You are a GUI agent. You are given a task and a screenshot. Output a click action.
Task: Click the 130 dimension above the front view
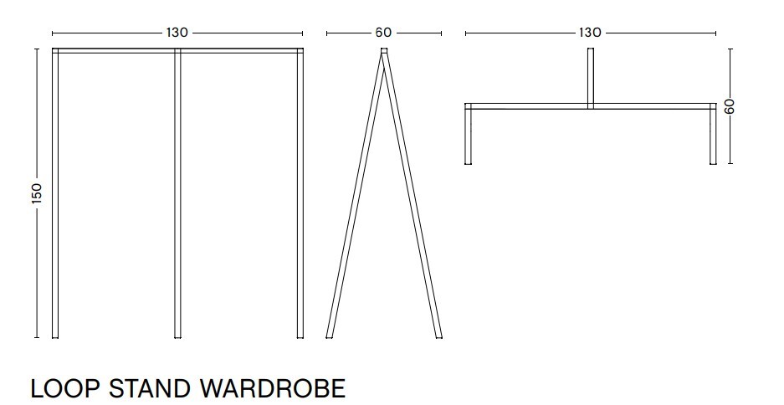click(x=177, y=33)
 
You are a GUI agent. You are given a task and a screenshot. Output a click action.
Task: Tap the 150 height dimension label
click(x=36, y=193)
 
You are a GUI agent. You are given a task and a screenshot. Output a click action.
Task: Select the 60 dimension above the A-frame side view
click(x=383, y=33)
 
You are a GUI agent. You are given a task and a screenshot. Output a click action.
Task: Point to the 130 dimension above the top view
click(x=589, y=33)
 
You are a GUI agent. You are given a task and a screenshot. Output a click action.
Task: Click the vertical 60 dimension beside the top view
click(x=730, y=106)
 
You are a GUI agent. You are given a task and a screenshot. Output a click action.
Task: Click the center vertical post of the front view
click(x=177, y=192)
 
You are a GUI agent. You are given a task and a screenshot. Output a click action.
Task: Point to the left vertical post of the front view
click(x=55, y=192)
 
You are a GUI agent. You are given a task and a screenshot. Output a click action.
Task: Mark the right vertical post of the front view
click(x=300, y=192)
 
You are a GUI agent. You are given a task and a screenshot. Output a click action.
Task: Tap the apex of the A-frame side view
click(x=384, y=54)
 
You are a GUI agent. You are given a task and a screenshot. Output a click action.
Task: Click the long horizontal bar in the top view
click(x=527, y=106)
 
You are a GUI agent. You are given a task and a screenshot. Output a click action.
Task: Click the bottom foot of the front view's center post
click(x=177, y=335)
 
